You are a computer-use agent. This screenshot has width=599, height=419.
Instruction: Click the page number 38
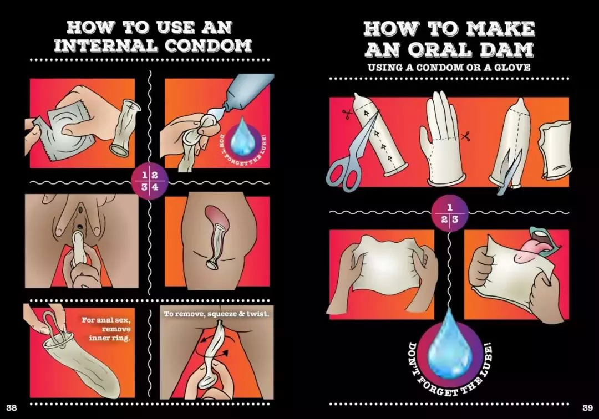[12, 407]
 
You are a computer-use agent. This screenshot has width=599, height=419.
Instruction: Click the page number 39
[587, 407]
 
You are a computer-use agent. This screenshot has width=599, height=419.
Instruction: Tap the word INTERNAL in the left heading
[106, 45]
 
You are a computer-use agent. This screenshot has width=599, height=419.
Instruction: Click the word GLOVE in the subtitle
[512, 68]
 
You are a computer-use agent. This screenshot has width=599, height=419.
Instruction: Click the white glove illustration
[443, 139]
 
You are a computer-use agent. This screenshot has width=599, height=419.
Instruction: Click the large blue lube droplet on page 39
[449, 345]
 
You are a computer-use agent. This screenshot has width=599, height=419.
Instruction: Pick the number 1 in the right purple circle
[450, 208]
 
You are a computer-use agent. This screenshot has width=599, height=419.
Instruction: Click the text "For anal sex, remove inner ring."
[106, 329]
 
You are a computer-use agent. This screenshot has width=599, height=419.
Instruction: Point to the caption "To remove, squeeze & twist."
[217, 314]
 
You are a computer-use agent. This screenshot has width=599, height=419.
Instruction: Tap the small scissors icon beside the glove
[465, 135]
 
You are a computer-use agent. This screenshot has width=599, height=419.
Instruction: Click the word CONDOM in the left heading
[208, 45]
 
